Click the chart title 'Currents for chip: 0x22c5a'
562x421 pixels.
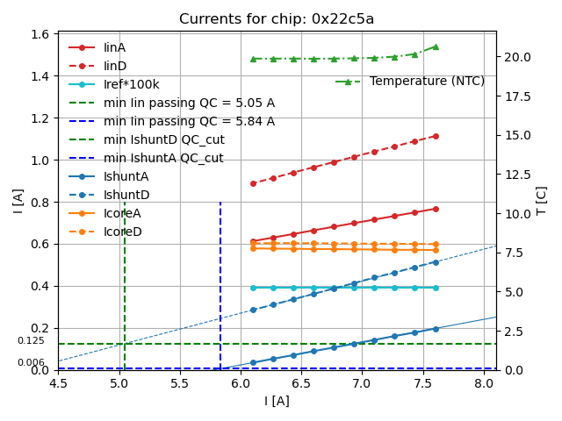277,19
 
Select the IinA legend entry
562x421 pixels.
115,47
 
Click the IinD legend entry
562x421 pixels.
115,66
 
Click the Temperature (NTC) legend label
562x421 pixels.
427,82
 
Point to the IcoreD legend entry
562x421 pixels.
123,232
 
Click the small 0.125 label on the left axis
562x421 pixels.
31,341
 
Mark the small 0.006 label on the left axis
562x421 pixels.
31,362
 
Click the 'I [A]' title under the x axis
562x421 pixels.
277,401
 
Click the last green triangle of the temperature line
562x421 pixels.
436,46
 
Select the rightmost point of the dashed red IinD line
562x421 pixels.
436,136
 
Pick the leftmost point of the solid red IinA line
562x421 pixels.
253,241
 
